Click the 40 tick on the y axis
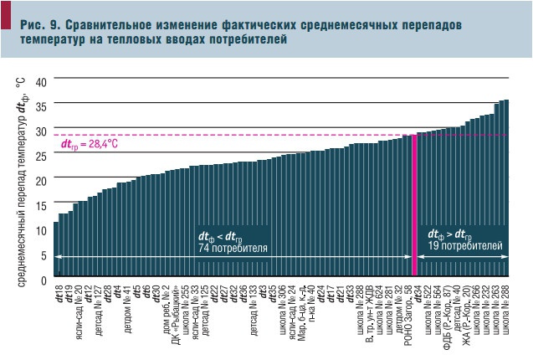[x=43, y=80]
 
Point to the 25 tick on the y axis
[x=43, y=156]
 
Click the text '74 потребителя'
[x=233, y=249]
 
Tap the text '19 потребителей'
[x=465, y=247]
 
